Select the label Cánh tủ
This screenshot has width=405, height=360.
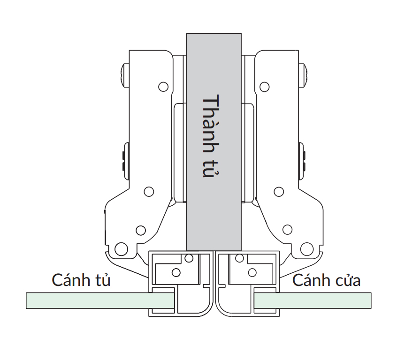click(x=81, y=280)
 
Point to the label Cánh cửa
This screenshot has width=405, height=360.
click(x=327, y=280)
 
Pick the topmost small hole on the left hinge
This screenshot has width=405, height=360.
click(x=163, y=87)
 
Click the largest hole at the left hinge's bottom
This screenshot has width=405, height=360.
click(x=121, y=249)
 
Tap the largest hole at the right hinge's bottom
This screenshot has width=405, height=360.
click(x=307, y=249)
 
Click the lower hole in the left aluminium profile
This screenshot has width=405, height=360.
click(x=176, y=272)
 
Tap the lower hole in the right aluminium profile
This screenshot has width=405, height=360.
click(x=252, y=272)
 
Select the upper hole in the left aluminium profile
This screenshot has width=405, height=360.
click(x=189, y=258)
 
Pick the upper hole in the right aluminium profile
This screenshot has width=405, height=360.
click(x=239, y=258)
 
